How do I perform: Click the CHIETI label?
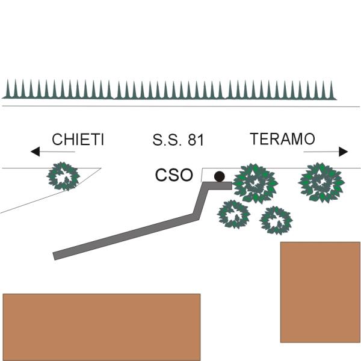pos(78,140)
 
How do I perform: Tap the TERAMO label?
pos(282,139)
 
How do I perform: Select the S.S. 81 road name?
pos(178,141)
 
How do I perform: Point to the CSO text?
pos(174,175)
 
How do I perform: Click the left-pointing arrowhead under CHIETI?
pos(35,152)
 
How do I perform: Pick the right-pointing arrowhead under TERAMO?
pos(344,152)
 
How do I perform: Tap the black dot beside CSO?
pos(220,176)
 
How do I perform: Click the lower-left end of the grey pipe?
pos(56,256)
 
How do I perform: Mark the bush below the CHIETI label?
pos(63,176)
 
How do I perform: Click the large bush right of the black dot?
pos(256,182)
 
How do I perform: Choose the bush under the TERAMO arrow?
pos(321,181)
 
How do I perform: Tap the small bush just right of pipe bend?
pos(233,214)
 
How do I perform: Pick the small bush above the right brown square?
pos(276,220)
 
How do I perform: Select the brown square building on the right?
pos(320,292)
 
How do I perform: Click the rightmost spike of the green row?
pos(333,90)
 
